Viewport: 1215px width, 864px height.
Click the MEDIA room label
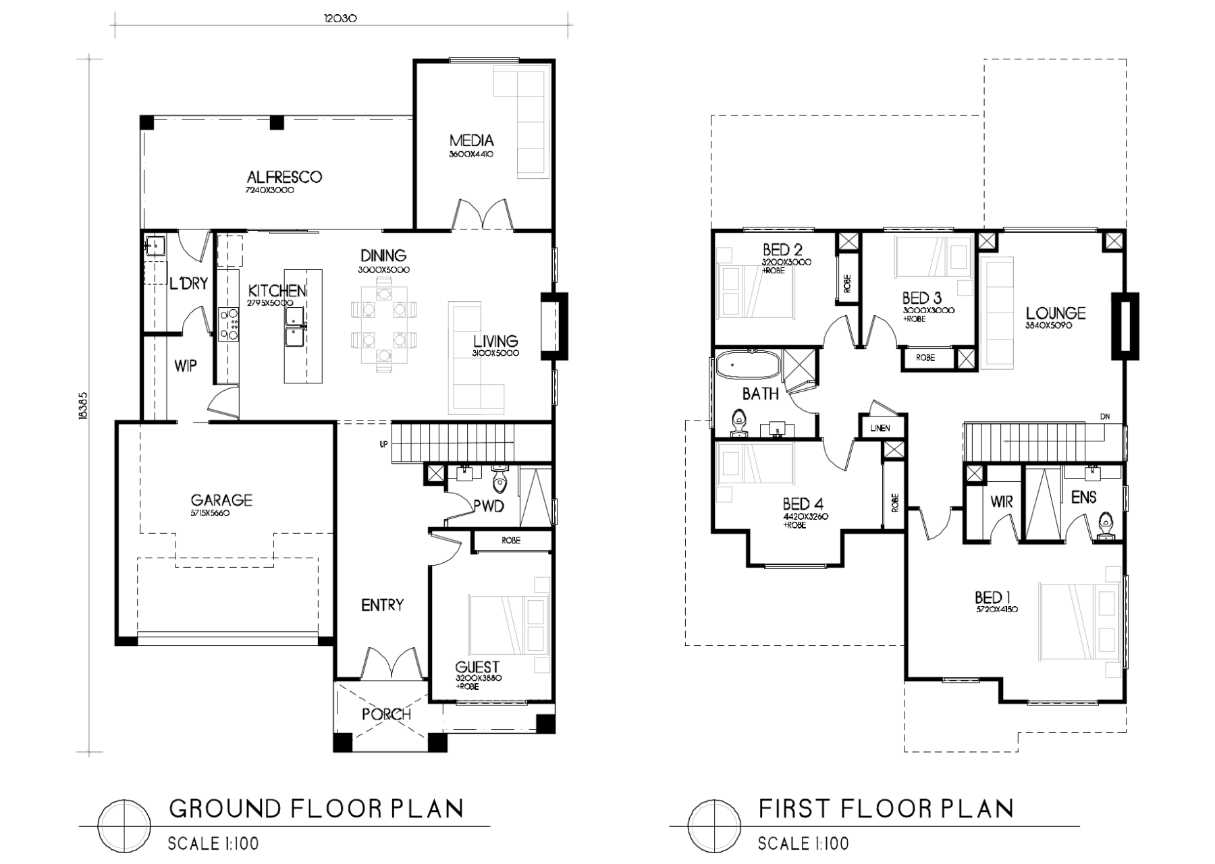pos(471,140)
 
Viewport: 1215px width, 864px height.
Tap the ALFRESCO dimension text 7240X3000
pos(270,191)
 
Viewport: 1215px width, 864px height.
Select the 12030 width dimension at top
pos(340,19)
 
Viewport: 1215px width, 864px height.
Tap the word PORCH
pos(386,714)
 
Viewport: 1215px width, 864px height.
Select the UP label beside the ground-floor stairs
pos(383,444)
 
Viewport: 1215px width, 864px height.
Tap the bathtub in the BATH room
pos(747,365)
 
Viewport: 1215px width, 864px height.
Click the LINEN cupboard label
pos(880,428)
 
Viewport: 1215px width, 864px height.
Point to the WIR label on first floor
pos(1002,502)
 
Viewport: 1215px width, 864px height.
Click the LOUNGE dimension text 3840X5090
pos(1050,325)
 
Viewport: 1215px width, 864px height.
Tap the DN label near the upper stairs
pos(1105,416)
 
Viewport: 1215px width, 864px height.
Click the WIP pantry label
pos(186,366)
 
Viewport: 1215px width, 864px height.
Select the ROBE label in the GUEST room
pos(511,541)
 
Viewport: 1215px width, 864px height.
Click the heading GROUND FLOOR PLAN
pos(315,808)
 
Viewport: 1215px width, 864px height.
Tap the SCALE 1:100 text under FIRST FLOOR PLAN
pos(803,843)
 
